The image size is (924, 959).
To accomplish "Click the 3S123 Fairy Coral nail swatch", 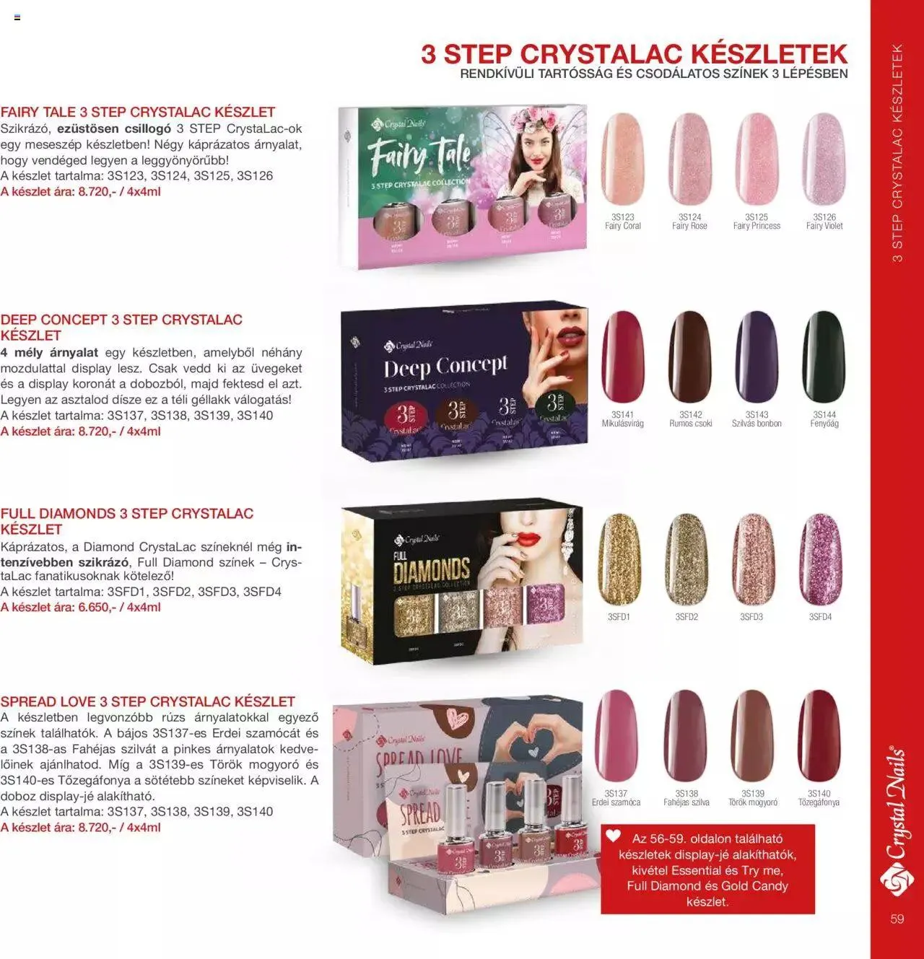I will (x=622, y=159).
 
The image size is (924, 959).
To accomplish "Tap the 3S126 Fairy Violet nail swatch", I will (x=824, y=159).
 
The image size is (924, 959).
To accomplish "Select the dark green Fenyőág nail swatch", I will (x=824, y=356).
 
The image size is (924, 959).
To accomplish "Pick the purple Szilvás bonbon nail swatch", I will (x=757, y=356).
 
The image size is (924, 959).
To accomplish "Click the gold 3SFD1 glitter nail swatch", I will (x=619, y=559).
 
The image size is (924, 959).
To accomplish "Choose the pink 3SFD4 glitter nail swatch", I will (x=820, y=559).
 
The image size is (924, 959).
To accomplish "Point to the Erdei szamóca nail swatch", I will (x=616, y=736).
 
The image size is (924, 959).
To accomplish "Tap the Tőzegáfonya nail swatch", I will (x=819, y=736).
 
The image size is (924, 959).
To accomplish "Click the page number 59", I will (x=897, y=919).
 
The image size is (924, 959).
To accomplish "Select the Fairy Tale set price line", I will (x=81, y=192).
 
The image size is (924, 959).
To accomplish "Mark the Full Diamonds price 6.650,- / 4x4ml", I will (x=81, y=608).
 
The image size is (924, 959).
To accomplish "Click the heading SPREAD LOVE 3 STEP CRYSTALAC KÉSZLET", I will (x=148, y=701).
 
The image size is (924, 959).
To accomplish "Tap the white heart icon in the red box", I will (x=613, y=836).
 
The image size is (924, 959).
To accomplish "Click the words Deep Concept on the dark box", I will (x=445, y=367).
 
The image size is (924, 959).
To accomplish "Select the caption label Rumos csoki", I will (x=690, y=424).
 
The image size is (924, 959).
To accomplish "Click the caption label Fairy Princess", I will (x=757, y=226).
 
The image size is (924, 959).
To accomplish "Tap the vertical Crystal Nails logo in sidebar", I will (x=897, y=823).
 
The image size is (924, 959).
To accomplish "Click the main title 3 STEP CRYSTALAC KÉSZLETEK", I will (x=634, y=54).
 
